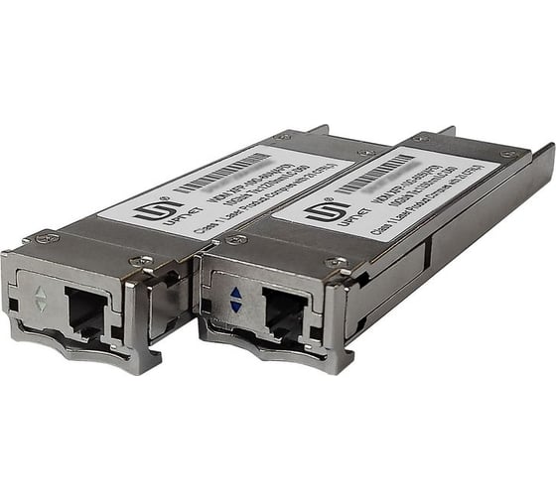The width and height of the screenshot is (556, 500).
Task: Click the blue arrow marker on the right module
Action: tap(235, 301)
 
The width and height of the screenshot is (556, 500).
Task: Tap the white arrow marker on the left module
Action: tap(41, 299)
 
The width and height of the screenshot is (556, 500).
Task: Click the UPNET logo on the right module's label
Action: tap(330, 213)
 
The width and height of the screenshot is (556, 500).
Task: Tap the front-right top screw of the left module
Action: tap(147, 261)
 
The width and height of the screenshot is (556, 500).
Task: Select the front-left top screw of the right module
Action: tap(237, 239)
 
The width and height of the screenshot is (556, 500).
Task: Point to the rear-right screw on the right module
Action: tap(509, 154)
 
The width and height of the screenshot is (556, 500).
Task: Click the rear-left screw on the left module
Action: tap(282, 136)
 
